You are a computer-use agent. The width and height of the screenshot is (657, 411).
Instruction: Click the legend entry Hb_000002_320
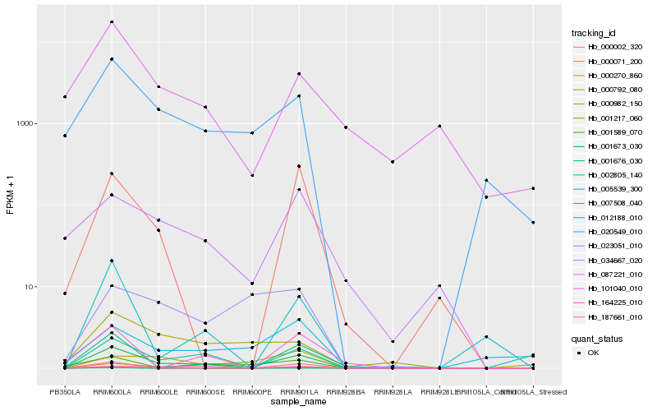click(609, 47)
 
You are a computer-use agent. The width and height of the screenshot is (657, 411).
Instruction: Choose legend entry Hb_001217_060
click(609, 118)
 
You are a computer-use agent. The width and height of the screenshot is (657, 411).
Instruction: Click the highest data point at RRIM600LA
click(112, 21)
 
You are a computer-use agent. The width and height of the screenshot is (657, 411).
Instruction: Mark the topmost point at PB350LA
click(65, 97)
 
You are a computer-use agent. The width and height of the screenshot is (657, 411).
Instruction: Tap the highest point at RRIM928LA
click(393, 162)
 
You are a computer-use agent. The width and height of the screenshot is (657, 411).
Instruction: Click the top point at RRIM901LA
click(299, 74)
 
